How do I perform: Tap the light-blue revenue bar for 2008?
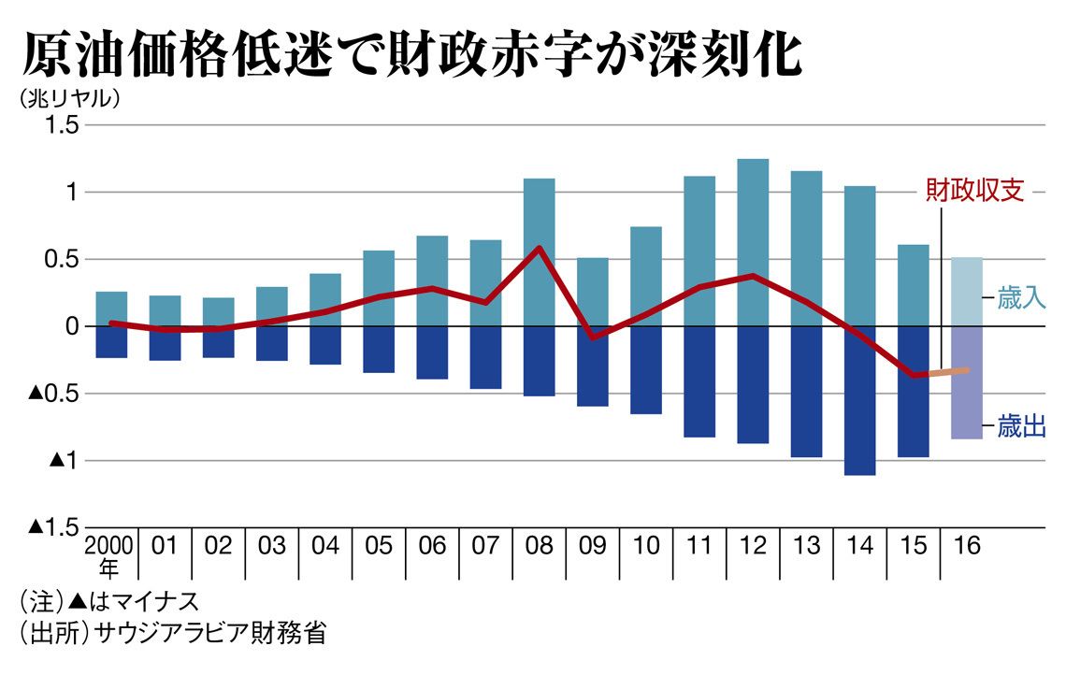[539, 252]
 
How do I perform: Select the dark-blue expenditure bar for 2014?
[858, 400]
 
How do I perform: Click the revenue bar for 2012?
[753, 243]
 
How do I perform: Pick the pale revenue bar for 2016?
[967, 292]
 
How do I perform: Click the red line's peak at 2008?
[540, 248]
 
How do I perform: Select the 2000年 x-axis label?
[110, 555]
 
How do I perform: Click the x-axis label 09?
[592, 546]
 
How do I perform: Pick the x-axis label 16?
[966, 546]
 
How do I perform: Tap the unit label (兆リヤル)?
[68, 97]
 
